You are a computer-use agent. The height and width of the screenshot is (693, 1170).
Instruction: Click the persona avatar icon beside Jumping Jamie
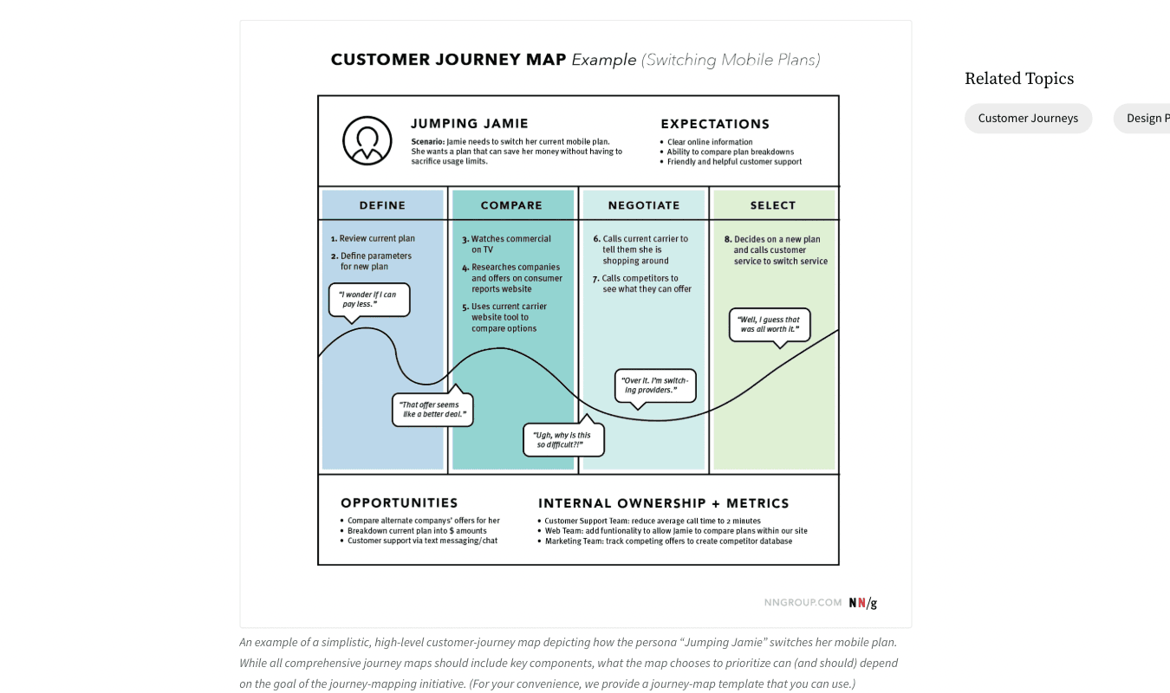coord(367,140)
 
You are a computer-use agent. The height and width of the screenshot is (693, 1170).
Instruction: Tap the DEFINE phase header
coord(382,205)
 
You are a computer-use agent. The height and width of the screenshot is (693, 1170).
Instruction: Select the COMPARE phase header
coord(511,205)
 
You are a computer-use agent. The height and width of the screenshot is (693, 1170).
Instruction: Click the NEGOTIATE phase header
coord(643,205)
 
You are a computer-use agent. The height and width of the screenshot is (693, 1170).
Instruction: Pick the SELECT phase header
coord(772,205)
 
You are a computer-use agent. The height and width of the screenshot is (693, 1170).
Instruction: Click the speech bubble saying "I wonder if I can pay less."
coord(369,300)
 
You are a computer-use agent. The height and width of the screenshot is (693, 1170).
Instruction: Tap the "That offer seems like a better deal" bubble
coord(433,410)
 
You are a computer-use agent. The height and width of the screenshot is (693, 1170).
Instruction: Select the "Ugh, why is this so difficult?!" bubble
coord(563,440)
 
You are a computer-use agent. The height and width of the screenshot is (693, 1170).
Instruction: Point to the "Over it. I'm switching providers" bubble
coord(655,385)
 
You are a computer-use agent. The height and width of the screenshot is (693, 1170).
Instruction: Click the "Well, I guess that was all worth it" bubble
coord(770,325)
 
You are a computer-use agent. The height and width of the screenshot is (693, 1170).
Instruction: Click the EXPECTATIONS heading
coord(715,124)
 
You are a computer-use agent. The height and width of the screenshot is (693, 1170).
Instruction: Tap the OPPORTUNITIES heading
coord(399,503)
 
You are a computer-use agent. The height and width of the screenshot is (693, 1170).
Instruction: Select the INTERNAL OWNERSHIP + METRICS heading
coord(663,503)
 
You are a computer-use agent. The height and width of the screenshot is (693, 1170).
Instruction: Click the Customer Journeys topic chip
coord(1028,119)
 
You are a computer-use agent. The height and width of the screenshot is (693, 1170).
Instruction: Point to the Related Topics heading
coord(1018,79)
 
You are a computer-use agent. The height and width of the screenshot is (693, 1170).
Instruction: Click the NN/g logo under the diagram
coord(863,603)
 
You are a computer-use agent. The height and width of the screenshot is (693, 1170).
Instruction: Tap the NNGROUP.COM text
coord(803,603)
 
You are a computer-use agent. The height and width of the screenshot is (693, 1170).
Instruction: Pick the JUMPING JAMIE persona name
coord(469,124)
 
